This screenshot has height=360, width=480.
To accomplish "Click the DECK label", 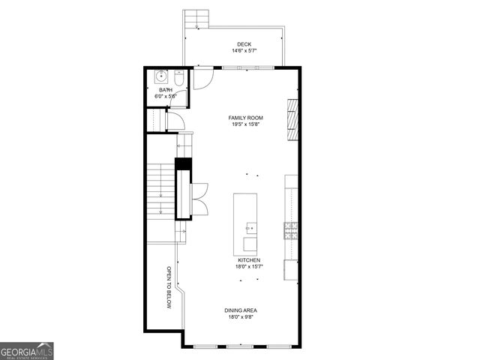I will coord(244,44).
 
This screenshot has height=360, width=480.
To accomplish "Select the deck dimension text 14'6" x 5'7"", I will coord(244,52).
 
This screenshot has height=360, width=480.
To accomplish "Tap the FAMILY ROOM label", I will coord(246,118).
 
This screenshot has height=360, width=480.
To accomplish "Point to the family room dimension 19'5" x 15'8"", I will coord(246,124).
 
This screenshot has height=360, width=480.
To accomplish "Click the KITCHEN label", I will coord(249,260).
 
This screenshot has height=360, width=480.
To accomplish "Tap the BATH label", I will coord(165,90).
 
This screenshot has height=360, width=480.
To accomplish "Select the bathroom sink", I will coord(160,76).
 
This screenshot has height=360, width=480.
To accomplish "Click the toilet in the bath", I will coord(178,79).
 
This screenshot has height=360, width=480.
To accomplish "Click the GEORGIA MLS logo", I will coord(27,351).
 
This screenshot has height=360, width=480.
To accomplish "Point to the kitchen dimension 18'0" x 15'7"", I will coord(249,267).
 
